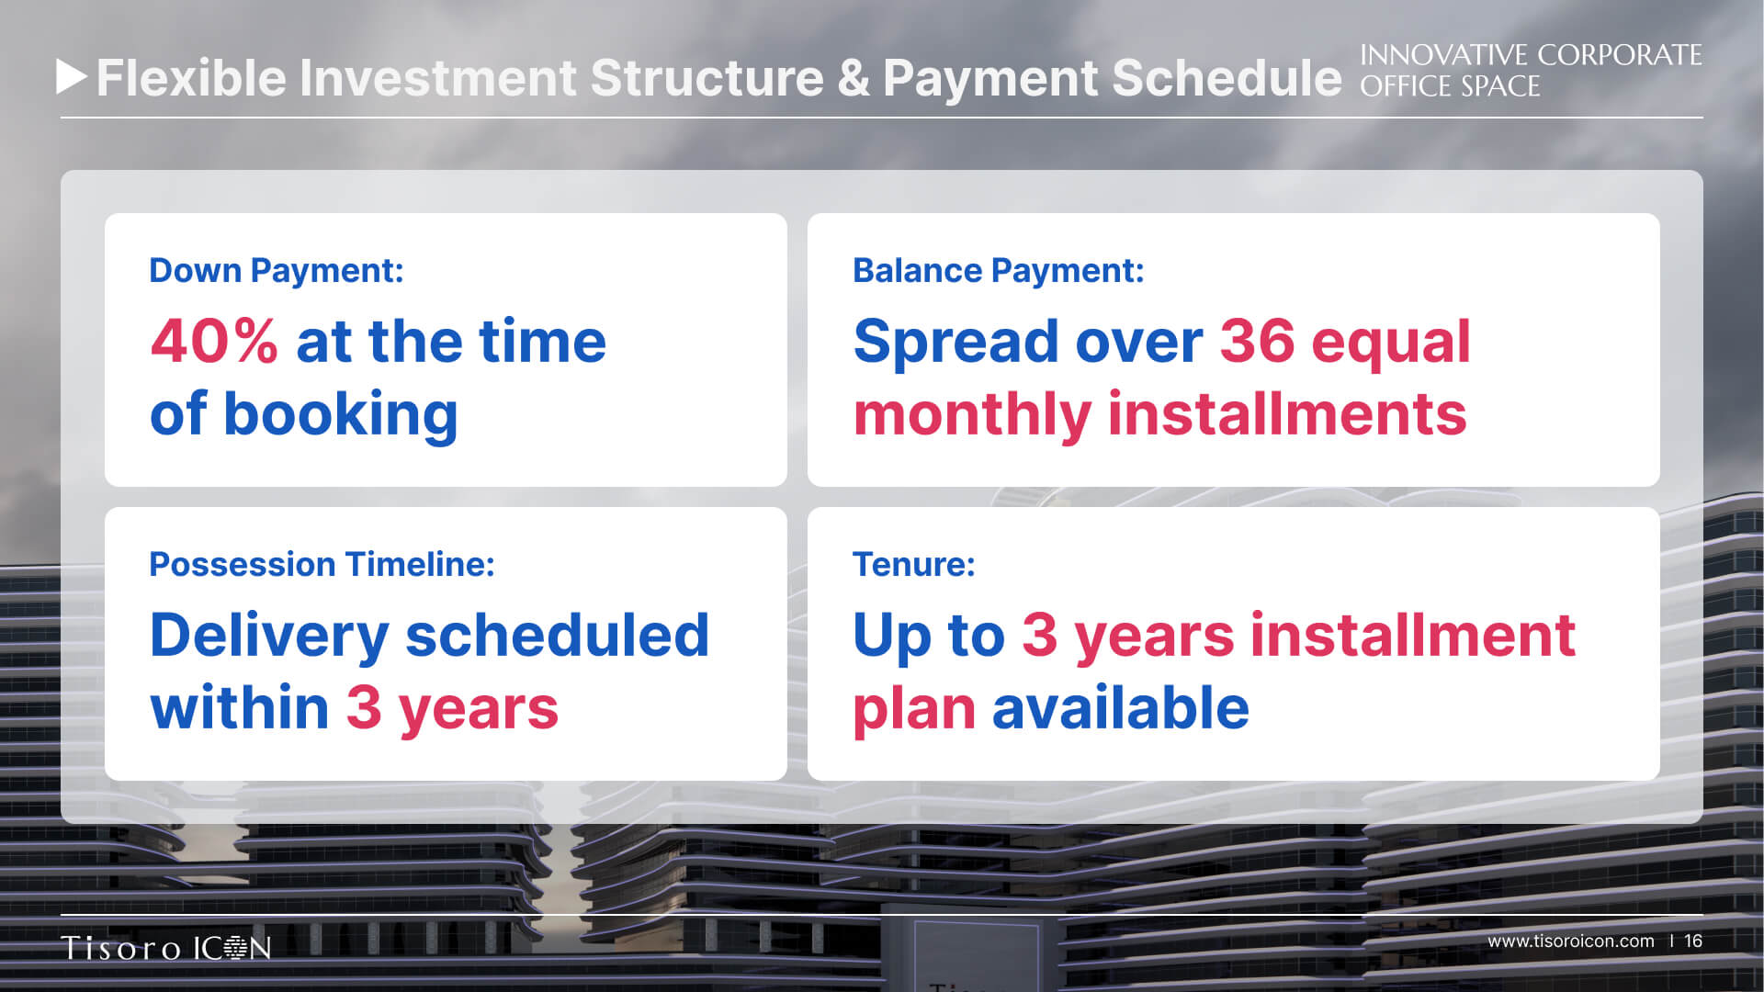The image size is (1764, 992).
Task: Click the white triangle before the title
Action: coord(71,77)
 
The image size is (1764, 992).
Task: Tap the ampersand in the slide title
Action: coord(854,78)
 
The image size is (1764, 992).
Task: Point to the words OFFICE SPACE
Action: coord(1450,86)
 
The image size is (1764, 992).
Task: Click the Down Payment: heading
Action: coord(277,271)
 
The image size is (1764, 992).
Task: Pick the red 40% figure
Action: coord(214,342)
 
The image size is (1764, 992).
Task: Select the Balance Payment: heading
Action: coord(999,271)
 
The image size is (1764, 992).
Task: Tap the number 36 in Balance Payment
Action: coord(1257,342)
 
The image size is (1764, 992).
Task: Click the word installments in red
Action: coord(1287,414)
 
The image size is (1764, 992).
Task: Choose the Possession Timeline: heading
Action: coord(322,565)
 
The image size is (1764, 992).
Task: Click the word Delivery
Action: coord(269,636)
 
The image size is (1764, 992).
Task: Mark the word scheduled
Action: coord(558,635)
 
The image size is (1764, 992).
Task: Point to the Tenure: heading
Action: coord(914,565)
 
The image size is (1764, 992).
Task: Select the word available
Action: coord(1121,708)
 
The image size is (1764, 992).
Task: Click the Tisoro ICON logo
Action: coord(166,947)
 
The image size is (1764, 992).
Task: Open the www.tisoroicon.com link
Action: coord(1571,941)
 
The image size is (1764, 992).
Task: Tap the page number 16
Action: coord(1693,941)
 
